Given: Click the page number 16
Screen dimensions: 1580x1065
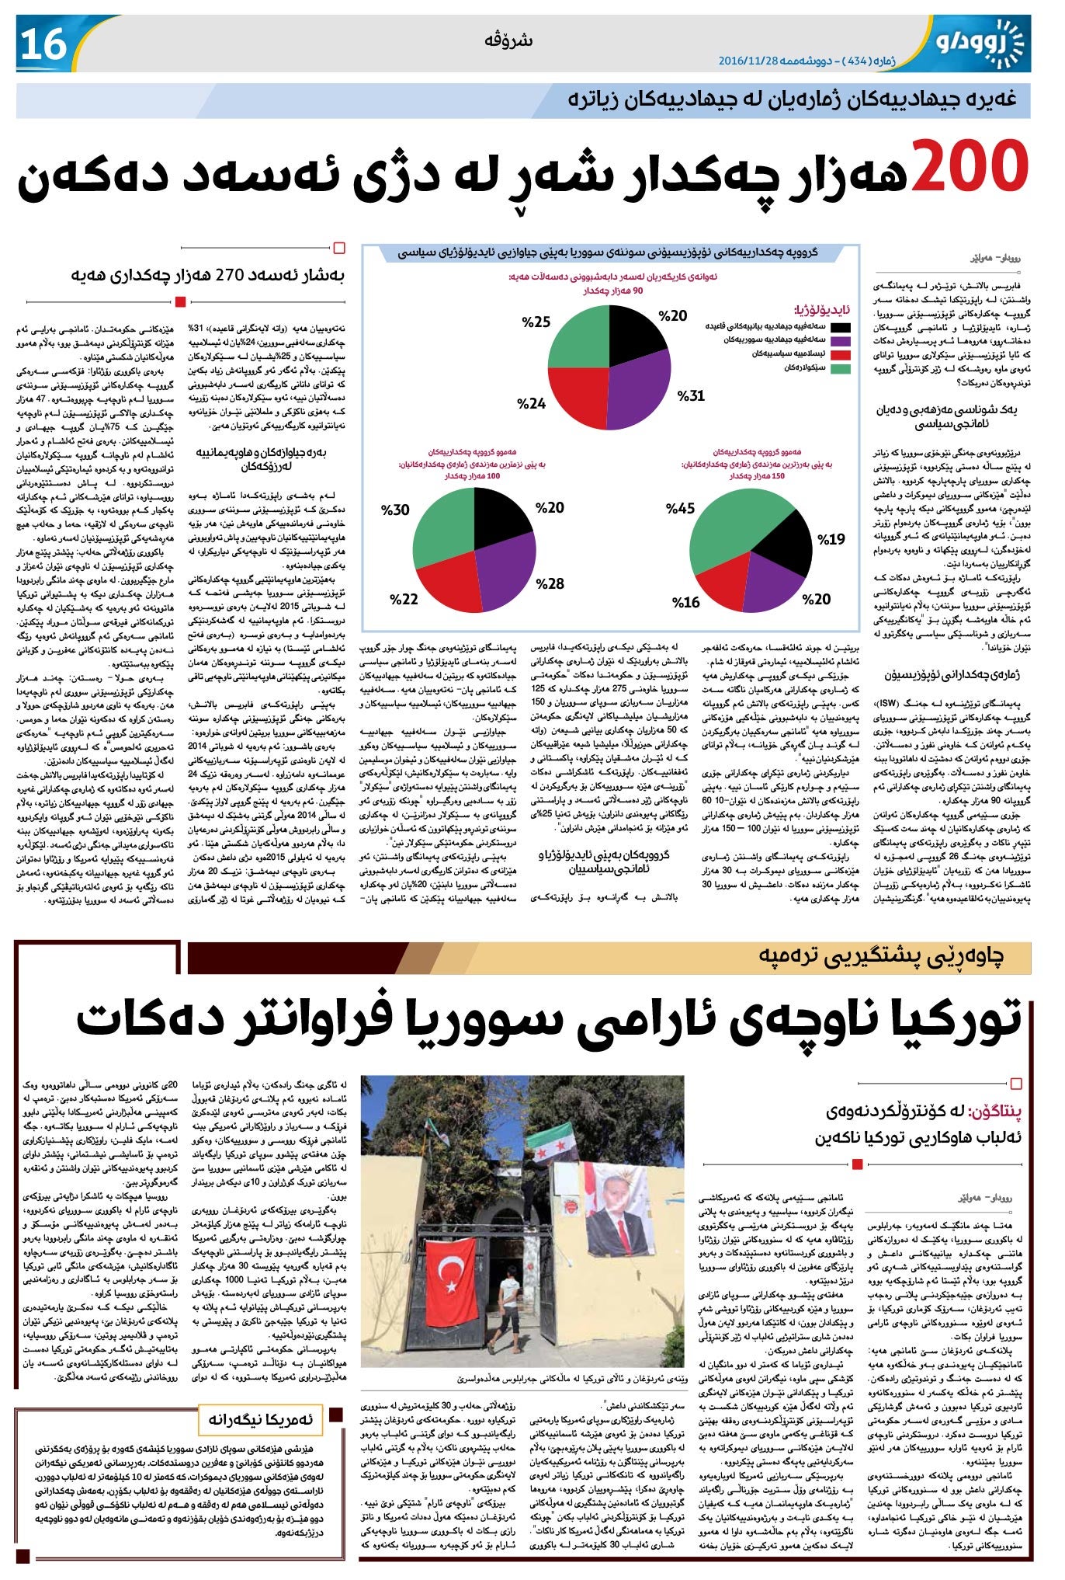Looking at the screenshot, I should pyautogui.click(x=43, y=45).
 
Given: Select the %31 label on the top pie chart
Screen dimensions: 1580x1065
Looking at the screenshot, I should pyautogui.click(x=691, y=395).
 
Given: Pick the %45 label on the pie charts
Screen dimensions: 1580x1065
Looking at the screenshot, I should pyautogui.click(x=680, y=508).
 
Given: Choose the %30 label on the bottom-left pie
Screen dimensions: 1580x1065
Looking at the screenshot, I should pyautogui.click(x=395, y=510).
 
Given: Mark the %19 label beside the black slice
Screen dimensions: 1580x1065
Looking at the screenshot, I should pyautogui.click(x=831, y=538).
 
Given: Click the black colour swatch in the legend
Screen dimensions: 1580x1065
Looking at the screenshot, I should pyautogui.click(x=841, y=327).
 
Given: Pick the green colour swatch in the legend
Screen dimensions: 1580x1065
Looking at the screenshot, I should pyautogui.click(x=841, y=368).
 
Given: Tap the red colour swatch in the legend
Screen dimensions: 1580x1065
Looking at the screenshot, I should pyautogui.click(x=841, y=354).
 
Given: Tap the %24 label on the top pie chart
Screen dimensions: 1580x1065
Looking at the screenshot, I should pyautogui.click(x=532, y=403).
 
